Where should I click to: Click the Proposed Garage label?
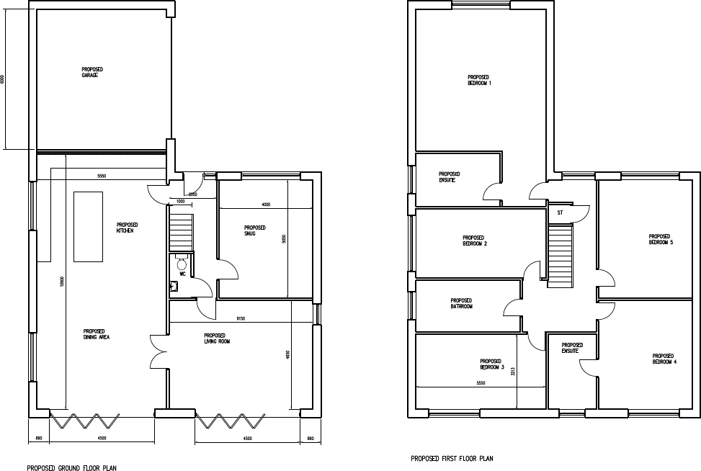92,72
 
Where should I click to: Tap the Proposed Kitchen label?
128,228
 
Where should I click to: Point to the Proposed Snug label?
255,230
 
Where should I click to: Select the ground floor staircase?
181,228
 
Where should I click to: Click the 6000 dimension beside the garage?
3,80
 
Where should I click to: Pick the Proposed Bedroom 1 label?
479,80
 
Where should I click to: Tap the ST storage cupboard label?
559,213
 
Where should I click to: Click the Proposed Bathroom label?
461,303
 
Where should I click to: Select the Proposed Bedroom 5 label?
661,239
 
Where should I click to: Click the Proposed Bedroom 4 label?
664,358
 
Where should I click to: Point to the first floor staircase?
559,255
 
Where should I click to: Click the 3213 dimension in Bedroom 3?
513,372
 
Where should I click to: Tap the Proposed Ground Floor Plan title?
72,467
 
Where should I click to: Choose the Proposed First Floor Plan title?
452,458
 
